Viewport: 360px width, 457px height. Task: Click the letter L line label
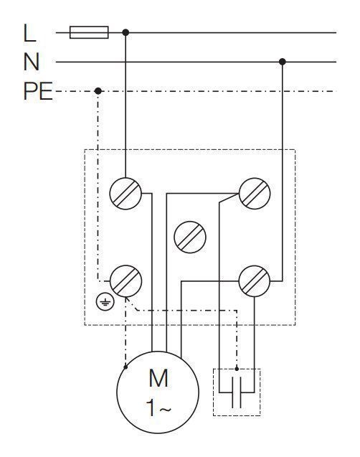pos(29,33)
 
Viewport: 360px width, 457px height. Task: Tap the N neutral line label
pos(31,62)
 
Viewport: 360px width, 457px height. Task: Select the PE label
pos(38,91)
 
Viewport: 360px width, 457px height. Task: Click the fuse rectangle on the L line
pos(89,32)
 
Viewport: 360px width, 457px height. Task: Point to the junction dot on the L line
pos(125,32)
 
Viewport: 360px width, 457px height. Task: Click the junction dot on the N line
pos(283,62)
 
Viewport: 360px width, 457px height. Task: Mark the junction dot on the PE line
pos(98,91)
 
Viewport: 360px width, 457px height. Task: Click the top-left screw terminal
pos(125,194)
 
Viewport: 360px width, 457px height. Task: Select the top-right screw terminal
pos(255,194)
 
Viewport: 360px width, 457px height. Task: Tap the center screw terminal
pos(190,237)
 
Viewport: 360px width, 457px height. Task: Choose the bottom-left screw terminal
pos(125,281)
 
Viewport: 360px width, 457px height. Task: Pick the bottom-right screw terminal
pos(255,281)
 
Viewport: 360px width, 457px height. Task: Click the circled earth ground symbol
pos(105,303)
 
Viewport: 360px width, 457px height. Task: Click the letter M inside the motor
pos(158,378)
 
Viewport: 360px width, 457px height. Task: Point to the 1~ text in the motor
pos(158,407)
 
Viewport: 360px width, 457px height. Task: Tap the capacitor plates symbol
pos(237,392)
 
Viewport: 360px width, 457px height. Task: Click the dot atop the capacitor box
pos(237,369)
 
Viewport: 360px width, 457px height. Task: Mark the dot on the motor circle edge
pos(125,367)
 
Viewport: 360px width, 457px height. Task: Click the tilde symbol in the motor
pos(166,410)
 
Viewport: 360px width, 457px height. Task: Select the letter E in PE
pos(46,91)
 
